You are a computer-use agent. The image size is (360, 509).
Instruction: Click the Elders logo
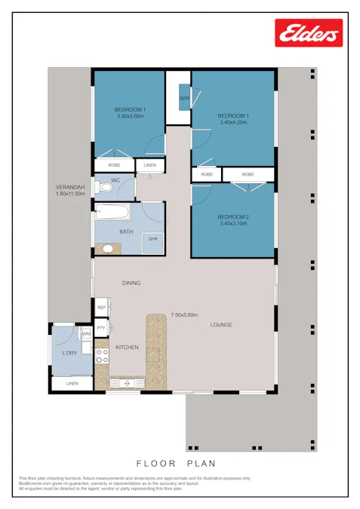[x=309, y=33]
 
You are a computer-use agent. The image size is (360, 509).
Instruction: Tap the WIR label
[x=184, y=99]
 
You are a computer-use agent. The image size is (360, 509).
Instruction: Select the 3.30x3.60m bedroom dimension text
[x=131, y=117]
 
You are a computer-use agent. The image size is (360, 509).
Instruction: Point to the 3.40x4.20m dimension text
[x=234, y=122]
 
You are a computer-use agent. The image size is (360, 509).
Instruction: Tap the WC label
[x=115, y=180]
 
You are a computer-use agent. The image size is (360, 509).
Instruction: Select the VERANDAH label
[x=69, y=187]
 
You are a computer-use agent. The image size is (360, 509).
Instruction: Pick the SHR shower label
[x=153, y=239]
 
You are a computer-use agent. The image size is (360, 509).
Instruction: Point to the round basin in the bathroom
[x=108, y=248]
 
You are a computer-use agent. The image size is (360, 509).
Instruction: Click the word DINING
[x=132, y=284]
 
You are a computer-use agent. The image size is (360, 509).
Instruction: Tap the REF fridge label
[x=101, y=307]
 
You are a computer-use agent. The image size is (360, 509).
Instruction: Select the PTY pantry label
[x=101, y=328]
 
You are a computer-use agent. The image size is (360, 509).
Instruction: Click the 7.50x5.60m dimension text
[x=183, y=314]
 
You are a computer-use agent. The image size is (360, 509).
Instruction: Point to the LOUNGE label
[x=221, y=325]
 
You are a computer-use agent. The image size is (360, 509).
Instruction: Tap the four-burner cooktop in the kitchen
[x=100, y=355]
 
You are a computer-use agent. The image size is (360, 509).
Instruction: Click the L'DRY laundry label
[x=69, y=353]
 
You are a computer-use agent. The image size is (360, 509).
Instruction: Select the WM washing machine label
[x=86, y=333]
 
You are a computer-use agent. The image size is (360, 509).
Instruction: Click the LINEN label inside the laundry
[x=72, y=384]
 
